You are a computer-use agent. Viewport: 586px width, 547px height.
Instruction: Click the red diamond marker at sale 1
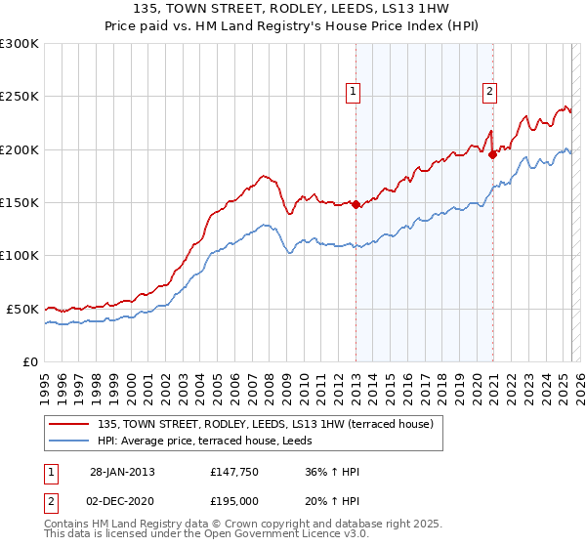(356, 205)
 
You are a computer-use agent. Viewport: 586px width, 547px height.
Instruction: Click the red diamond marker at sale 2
(493, 153)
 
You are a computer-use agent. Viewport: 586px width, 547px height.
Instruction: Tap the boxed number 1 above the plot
(352, 92)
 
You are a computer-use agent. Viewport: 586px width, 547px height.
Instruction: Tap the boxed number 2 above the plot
(488, 92)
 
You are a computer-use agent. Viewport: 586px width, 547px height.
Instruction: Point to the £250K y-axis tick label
(19, 97)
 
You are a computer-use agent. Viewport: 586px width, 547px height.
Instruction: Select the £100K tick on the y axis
(19, 255)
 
